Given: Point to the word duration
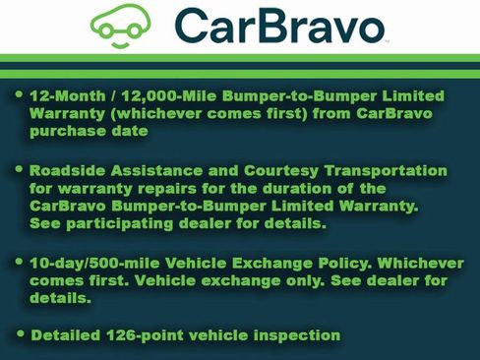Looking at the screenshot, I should (x=303, y=188).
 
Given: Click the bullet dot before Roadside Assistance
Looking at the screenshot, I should (x=22, y=169).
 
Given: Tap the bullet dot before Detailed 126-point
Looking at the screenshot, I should (x=22, y=334).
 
